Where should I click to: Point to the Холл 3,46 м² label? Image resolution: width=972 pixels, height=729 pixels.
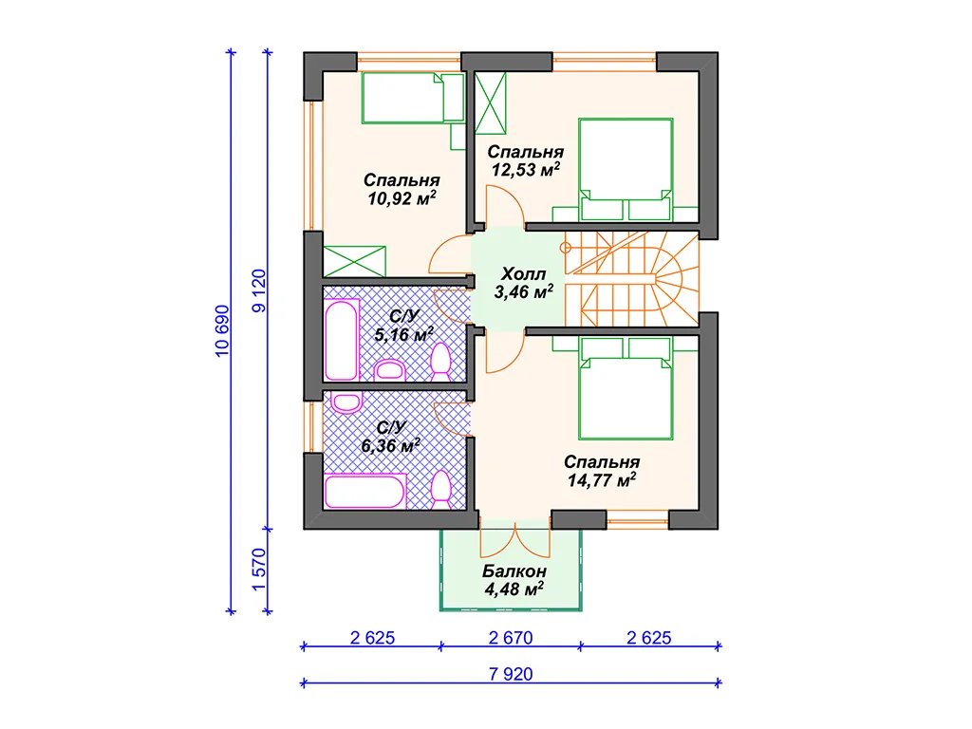click(524, 283)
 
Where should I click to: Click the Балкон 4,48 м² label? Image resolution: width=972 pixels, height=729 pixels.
click(514, 580)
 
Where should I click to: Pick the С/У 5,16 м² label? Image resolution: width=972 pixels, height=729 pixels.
click(404, 326)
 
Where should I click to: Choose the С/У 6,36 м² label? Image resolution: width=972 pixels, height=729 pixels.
click(390, 437)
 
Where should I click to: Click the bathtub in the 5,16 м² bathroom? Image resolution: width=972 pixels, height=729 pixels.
click(342, 340)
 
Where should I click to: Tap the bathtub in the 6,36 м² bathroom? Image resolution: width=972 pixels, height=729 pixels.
click(365, 491)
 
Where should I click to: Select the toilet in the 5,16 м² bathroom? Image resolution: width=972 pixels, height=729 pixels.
click(440, 362)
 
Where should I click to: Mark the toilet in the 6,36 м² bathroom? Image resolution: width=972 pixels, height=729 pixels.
click(440, 490)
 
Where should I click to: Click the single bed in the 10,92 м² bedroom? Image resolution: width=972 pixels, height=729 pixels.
click(413, 98)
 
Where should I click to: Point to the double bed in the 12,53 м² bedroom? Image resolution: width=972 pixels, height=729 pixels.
click(626, 169)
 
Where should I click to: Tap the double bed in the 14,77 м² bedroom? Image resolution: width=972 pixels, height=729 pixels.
click(626, 388)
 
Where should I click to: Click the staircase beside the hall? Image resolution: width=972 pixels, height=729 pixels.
click(631, 279)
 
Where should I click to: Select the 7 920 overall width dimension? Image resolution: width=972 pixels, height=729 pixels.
click(511, 674)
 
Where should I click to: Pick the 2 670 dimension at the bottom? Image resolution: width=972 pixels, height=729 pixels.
click(511, 637)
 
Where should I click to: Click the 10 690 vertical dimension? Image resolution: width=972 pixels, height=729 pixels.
click(222, 330)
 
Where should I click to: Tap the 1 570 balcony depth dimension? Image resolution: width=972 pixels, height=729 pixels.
click(258, 570)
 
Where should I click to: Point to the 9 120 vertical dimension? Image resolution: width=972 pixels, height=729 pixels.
click(258, 290)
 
